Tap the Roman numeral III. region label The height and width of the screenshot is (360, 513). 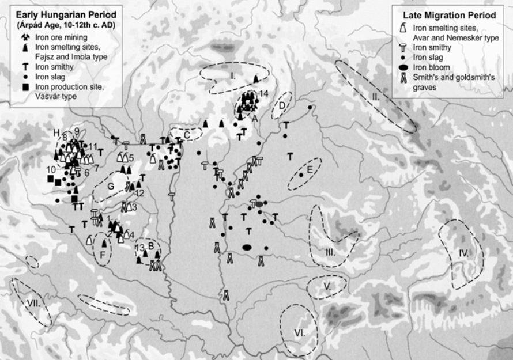pos(330,252)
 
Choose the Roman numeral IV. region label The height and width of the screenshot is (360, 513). pos(465,253)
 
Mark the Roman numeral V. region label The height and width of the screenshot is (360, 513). pos(326,285)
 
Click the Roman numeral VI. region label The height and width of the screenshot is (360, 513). pos(299,332)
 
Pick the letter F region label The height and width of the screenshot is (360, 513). pos(103,254)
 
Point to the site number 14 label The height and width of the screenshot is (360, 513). pos(264,93)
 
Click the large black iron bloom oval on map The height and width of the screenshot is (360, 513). pos(247,248)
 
